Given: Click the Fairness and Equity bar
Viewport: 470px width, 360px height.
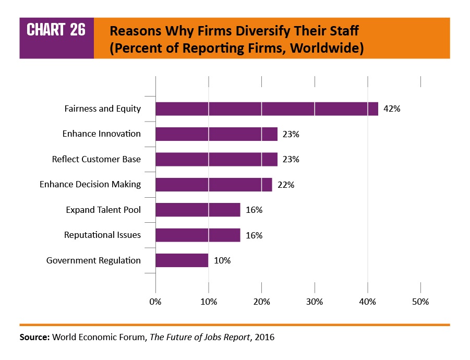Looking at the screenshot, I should [267, 109].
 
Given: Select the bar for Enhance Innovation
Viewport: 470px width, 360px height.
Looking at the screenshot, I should [216, 134].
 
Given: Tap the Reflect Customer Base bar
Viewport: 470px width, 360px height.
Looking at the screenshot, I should [216, 159].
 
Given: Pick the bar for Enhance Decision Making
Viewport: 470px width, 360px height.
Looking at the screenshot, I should [214, 185].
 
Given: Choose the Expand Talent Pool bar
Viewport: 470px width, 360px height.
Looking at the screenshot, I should [198, 210].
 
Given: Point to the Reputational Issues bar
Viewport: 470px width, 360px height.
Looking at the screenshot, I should [198, 235].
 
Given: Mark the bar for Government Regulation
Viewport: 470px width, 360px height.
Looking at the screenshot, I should [182, 260].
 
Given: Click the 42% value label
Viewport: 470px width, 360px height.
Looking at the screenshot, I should [391, 109].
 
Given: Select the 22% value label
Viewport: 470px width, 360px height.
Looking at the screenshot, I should [285, 185].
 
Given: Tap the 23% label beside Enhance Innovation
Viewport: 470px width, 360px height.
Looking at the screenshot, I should [291, 134].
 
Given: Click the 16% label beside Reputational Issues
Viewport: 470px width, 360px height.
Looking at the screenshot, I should [254, 235].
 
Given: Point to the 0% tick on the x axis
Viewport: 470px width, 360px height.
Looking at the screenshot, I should [155, 302].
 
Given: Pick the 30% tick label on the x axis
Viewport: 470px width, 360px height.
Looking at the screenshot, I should [315, 302].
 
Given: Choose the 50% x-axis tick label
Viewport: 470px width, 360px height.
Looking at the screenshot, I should [420, 302].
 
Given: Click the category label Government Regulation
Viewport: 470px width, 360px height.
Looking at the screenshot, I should [93, 260].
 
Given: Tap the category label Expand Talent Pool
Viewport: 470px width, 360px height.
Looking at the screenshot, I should [103, 210].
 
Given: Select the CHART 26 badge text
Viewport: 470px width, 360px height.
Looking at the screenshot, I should [56, 30].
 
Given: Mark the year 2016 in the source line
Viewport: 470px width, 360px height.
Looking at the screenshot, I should [264, 337].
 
